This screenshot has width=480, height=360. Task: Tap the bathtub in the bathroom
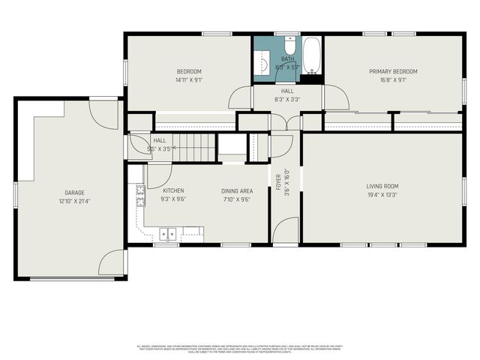pyautogui.click(x=312, y=55)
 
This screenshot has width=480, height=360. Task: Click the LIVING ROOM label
pyautogui.click(x=382, y=186)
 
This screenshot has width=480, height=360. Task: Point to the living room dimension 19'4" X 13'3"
pyautogui.click(x=382, y=195)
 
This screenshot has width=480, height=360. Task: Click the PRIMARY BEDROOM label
pyautogui.click(x=393, y=71)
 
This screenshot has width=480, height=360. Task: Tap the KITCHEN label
pyautogui.click(x=172, y=190)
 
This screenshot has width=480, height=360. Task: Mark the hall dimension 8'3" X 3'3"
pyautogui.click(x=287, y=99)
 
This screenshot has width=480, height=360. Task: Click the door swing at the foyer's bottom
pyautogui.click(x=286, y=230)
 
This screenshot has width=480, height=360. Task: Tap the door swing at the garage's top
pyautogui.click(x=104, y=114)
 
